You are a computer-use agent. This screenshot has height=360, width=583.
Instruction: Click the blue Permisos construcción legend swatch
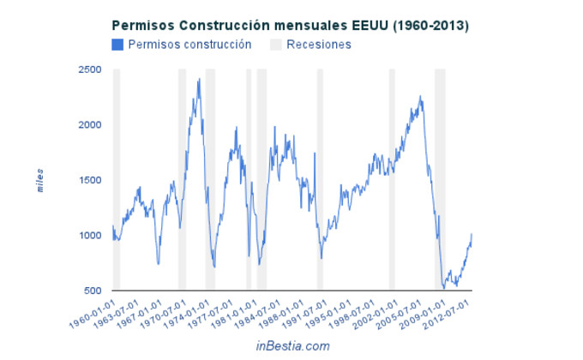click(118, 45)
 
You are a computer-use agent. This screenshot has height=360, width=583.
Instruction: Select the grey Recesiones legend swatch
click(275, 45)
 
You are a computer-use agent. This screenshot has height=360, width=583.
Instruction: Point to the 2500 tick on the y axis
click(89, 69)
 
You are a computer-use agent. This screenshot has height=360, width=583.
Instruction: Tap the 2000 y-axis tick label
click(89, 125)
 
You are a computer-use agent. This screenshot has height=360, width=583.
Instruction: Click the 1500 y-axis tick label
click(89, 180)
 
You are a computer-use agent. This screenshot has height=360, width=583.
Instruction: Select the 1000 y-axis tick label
click(89, 236)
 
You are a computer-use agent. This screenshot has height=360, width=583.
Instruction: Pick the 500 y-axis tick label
click(92, 291)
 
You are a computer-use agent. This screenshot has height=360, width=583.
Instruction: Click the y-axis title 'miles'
click(39, 180)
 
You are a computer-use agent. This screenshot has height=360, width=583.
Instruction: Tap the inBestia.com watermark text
click(291, 345)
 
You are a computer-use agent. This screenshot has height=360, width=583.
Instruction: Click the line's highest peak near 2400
click(199, 79)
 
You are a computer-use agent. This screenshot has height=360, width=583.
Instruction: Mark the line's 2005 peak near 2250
click(420, 96)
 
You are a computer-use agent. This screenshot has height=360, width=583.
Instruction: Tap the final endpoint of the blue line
click(472, 233)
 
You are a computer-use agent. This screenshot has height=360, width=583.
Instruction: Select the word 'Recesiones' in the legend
click(319, 45)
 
